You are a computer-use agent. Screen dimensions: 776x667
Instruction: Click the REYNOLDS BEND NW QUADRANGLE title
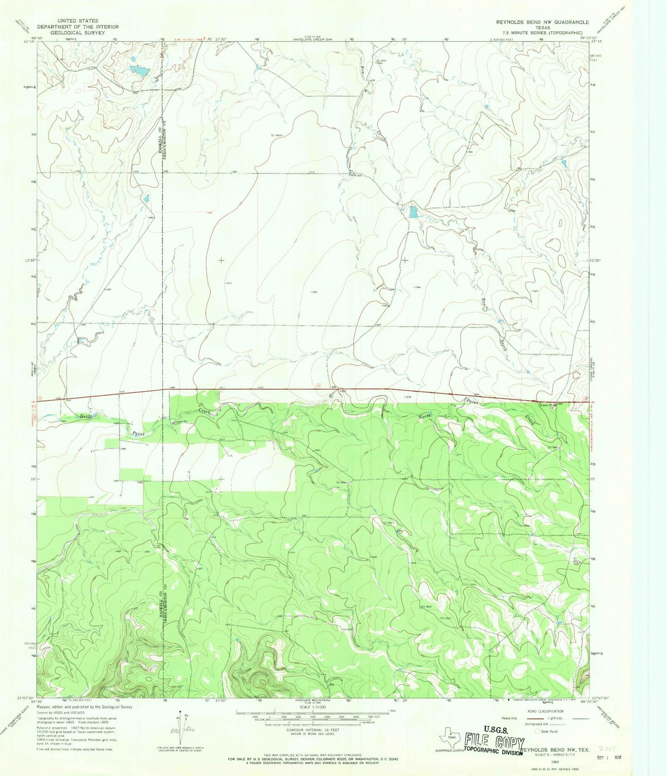(542, 22)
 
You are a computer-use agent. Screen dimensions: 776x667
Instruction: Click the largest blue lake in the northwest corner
(139, 71)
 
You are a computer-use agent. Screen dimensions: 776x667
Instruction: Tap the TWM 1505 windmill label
(355, 175)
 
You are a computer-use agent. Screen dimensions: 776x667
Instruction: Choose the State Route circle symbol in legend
(537, 731)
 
